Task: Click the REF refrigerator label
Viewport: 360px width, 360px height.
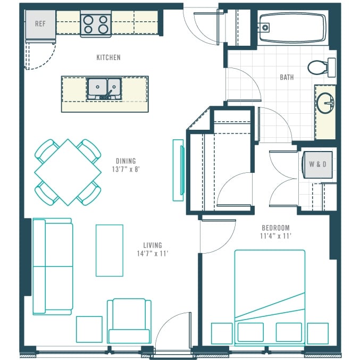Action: (40, 23)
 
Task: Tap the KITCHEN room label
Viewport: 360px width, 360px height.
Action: (108, 57)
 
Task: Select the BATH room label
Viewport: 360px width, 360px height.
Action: (287, 78)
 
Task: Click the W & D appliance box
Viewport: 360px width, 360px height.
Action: (317, 164)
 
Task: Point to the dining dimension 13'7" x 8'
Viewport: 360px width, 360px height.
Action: (126, 170)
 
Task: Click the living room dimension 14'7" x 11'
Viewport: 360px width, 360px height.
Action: (153, 254)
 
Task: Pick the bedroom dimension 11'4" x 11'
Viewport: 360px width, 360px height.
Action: (276, 236)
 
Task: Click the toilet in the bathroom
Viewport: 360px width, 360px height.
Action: (321, 68)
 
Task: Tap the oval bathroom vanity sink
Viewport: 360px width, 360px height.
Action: (325, 103)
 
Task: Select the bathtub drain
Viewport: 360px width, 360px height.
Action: (265, 28)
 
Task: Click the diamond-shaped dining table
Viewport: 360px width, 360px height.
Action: (68, 172)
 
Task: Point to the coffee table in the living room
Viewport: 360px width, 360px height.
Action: (110, 250)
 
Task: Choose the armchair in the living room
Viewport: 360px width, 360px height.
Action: (129, 321)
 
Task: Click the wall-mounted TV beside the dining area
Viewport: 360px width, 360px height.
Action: (179, 170)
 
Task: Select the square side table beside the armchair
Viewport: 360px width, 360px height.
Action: (89, 329)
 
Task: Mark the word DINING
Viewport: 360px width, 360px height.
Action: (126, 161)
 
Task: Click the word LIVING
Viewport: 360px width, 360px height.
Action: (153, 245)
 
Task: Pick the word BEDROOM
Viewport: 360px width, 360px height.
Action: (276, 228)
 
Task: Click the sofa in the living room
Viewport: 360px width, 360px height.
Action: (53, 266)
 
